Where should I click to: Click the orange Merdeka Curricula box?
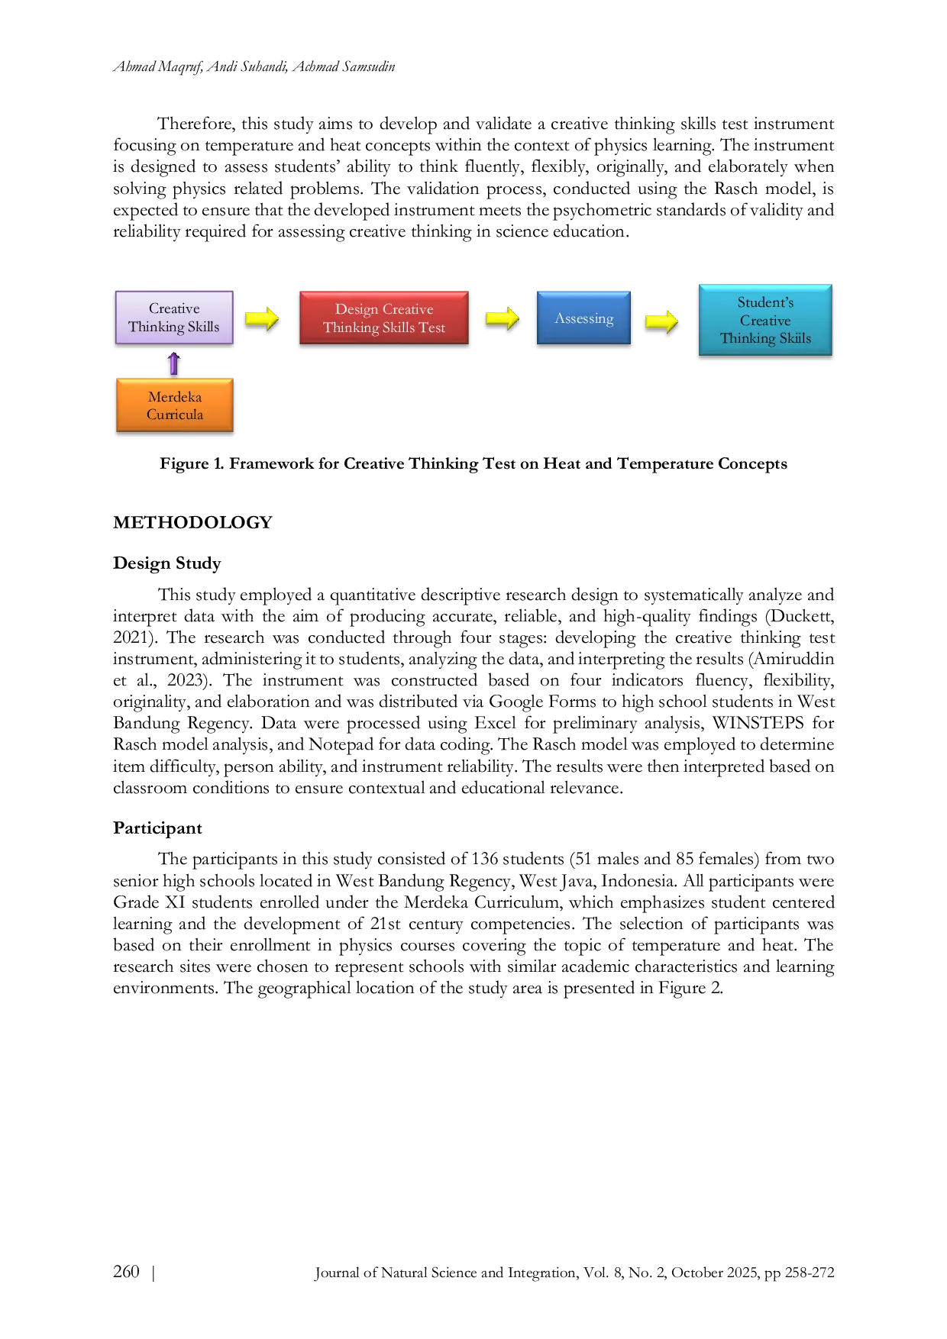[175, 405]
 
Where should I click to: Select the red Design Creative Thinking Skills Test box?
[384, 318]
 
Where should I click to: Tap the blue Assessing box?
[584, 318]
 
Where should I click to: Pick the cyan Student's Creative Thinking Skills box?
[765, 320]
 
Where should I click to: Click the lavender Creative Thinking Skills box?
[174, 318]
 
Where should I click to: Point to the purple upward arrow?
[174, 363]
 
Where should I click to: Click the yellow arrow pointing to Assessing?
[503, 318]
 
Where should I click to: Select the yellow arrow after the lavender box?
[262, 318]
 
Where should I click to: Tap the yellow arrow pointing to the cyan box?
[661, 321]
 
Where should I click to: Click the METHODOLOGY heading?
[192, 522]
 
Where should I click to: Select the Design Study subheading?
[167, 563]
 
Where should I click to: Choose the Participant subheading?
[157, 828]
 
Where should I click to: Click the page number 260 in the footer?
[126, 1271]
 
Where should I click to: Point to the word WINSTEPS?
[758, 723]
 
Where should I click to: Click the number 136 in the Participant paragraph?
[486, 859]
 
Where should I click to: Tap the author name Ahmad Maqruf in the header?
[158, 66]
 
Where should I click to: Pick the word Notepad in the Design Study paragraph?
[338, 744]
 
